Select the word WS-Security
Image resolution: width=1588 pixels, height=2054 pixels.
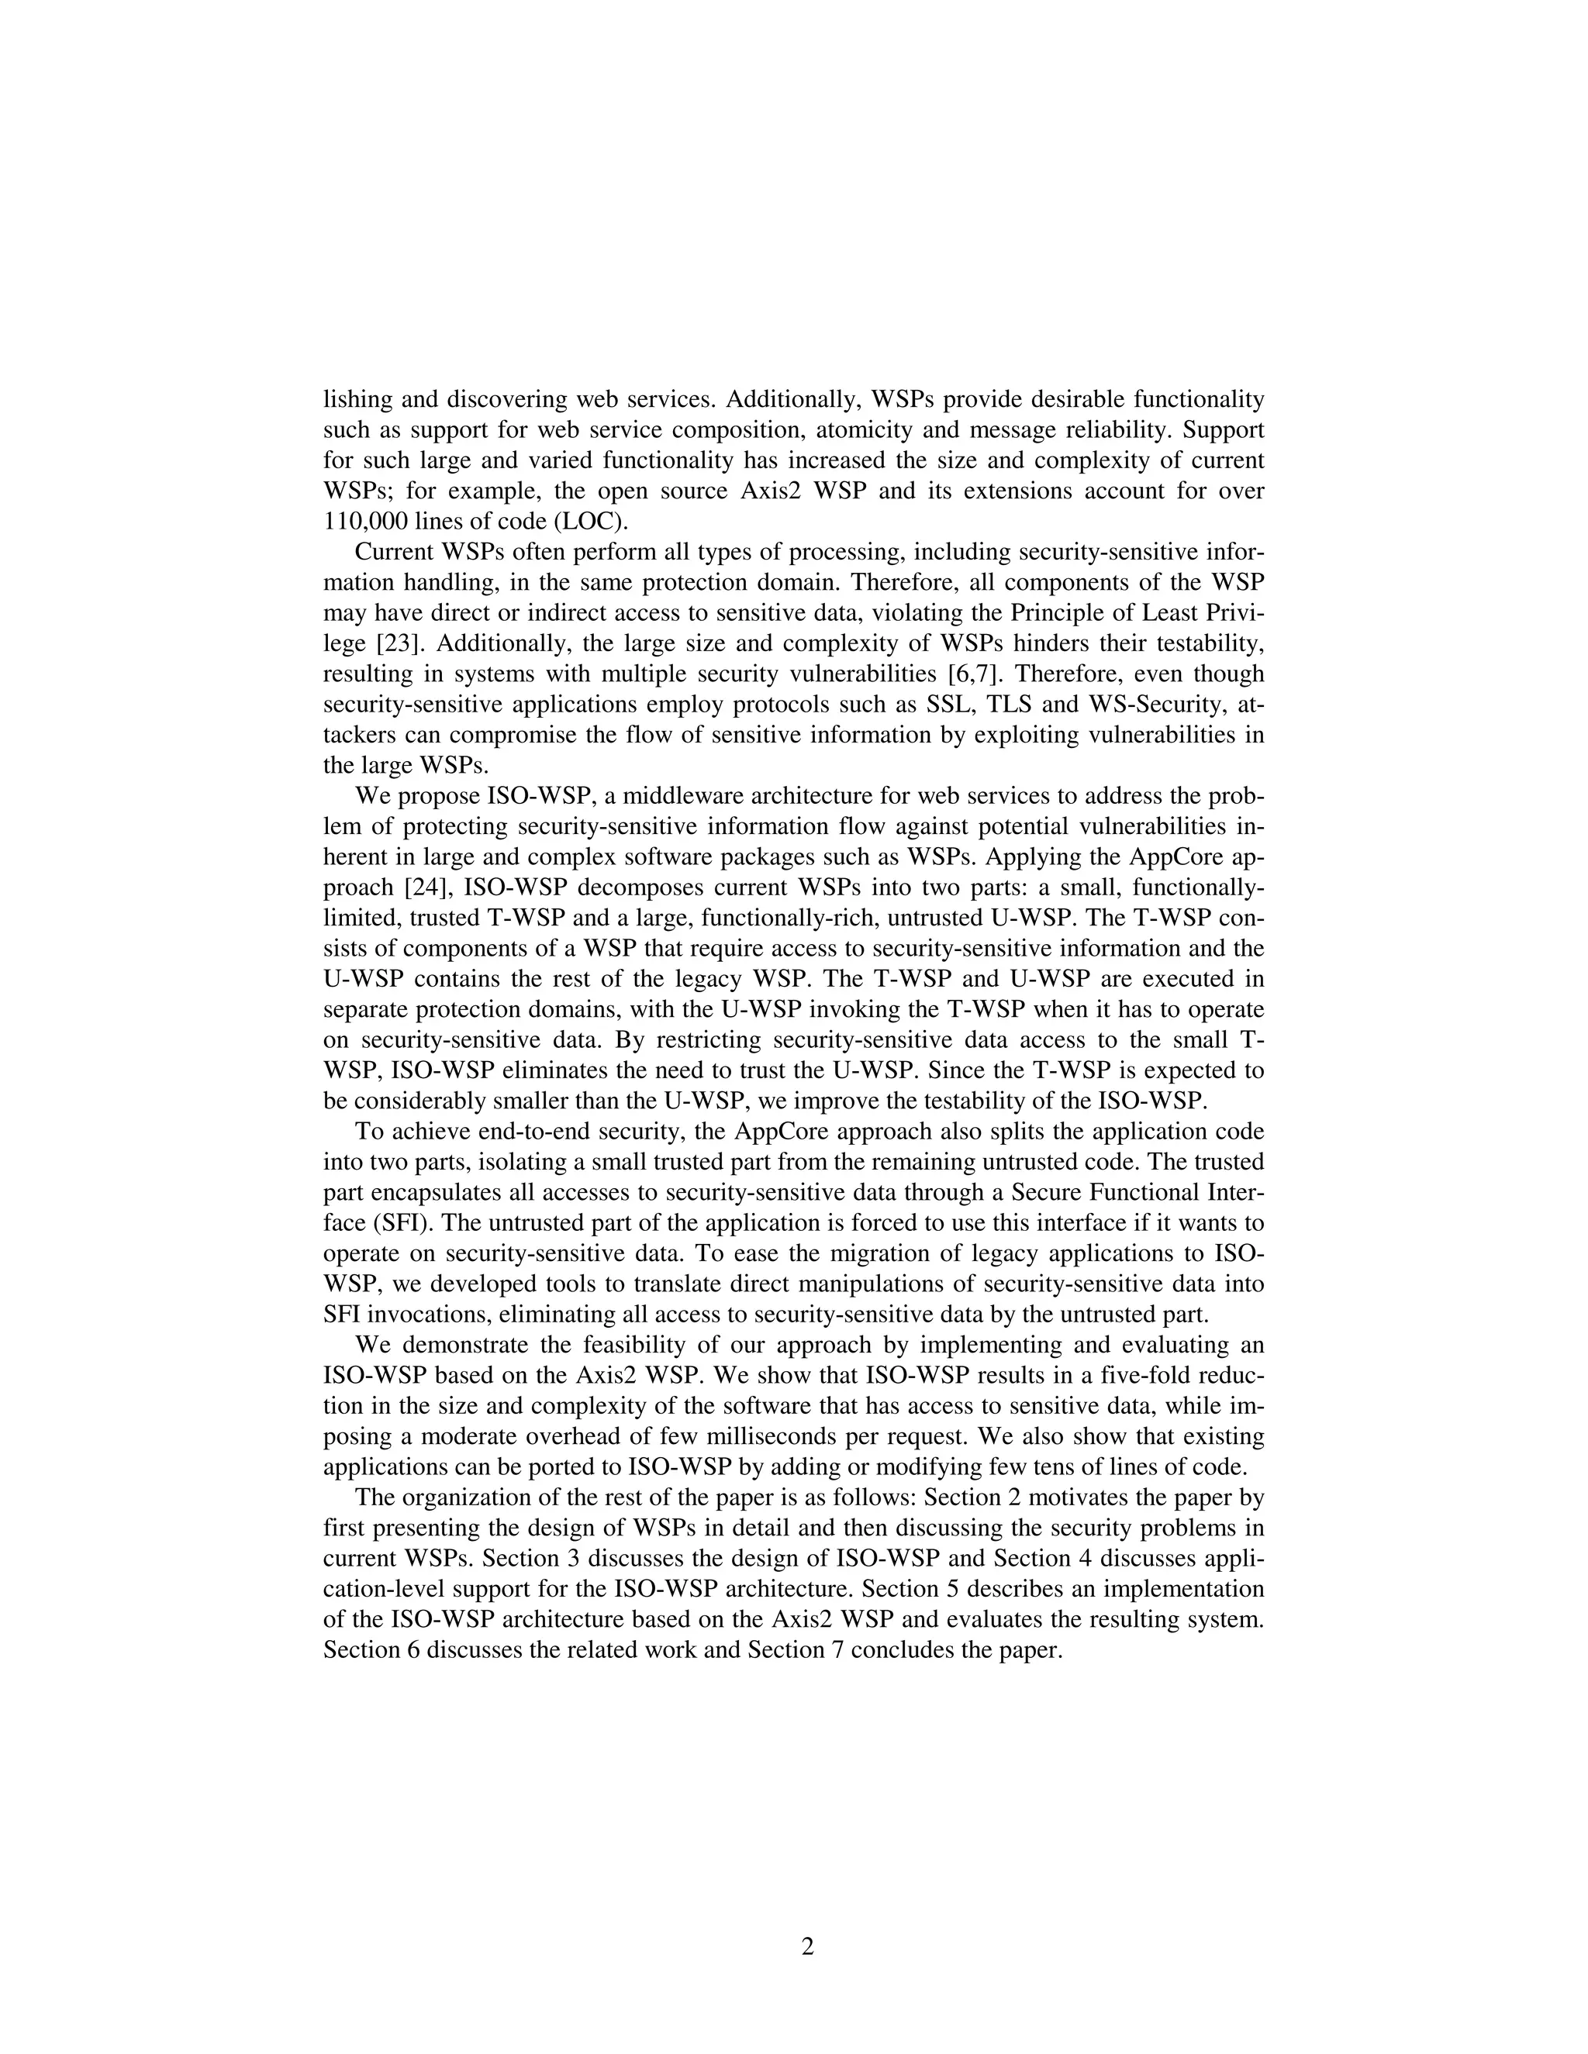coord(1148,705)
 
